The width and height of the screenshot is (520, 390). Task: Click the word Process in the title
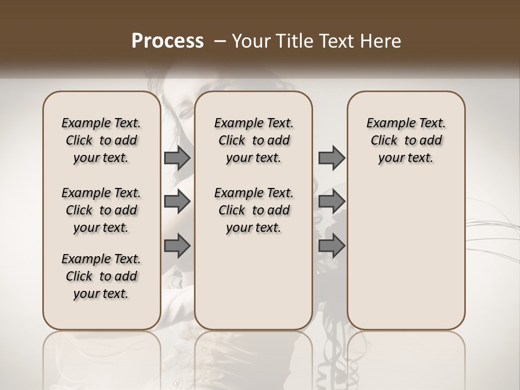click(167, 41)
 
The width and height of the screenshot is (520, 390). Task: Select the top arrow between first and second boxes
click(177, 158)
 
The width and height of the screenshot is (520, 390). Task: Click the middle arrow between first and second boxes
click(177, 201)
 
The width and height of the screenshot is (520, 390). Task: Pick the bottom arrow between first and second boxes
click(177, 246)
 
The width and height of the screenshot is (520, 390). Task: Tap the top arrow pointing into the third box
click(331, 158)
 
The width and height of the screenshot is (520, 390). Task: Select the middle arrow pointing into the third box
click(331, 201)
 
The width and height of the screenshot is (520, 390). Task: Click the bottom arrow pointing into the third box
click(331, 246)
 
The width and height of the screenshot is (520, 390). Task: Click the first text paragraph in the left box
click(101, 140)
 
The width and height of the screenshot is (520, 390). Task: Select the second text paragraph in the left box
click(101, 210)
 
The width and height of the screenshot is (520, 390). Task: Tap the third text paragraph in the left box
click(101, 276)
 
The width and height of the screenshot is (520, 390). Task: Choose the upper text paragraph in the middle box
click(253, 140)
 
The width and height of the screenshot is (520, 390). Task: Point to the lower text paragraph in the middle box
click(253, 210)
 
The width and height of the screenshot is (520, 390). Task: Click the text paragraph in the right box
click(406, 140)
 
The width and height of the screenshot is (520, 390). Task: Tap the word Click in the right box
click(384, 141)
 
